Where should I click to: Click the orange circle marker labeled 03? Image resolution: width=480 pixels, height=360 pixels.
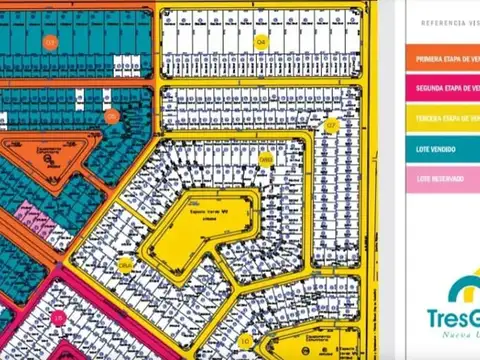point(49,41)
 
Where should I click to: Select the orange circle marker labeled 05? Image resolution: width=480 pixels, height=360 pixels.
point(111,116)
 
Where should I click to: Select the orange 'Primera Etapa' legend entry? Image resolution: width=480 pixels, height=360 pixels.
point(443,58)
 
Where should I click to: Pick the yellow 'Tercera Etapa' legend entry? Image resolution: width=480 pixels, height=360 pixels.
point(443,118)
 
